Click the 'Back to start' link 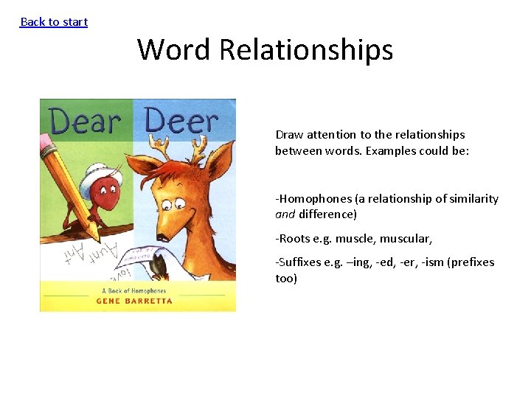[54, 22]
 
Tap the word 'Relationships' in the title [306, 50]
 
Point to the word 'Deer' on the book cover [182, 120]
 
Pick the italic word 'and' [285, 214]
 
